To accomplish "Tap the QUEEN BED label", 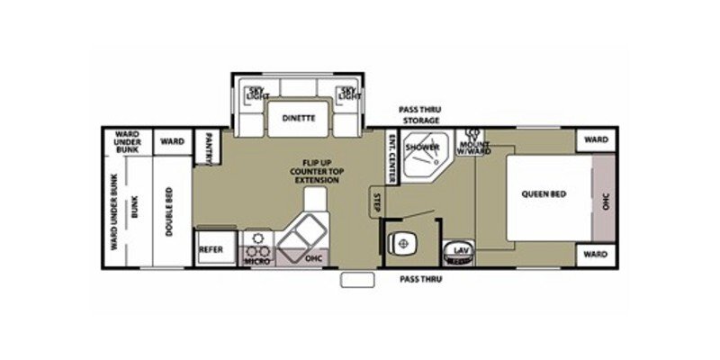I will point(544,193).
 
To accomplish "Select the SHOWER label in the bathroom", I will point(420,147).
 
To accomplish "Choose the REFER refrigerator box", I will point(211,249).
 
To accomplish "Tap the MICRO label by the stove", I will point(257,260).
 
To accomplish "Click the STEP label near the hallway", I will point(376,201).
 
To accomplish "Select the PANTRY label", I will point(208,147).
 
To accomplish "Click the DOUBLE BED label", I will point(168,211).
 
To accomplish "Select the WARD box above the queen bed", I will point(595,139).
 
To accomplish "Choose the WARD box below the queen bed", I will point(595,255).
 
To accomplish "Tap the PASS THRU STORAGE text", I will point(420,114).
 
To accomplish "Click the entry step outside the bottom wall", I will point(356,280).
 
